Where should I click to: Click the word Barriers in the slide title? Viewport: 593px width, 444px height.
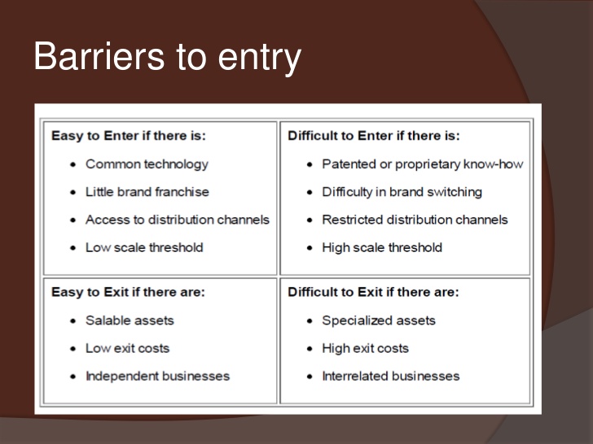point(99,56)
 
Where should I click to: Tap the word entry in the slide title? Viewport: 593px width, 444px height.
point(259,59)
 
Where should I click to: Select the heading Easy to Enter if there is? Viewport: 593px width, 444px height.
point(129,136)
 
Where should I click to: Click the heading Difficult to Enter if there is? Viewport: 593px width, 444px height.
point(374,136)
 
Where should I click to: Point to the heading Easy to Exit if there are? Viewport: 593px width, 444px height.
point(128,292)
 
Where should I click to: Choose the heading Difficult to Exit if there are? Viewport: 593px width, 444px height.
point(373,292)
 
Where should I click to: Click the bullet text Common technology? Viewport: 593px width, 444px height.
point(147,164)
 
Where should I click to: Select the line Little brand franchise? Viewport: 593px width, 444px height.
point(147,192)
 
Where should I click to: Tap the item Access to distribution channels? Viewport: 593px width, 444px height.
point(178,220)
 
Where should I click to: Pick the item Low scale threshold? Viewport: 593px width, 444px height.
point(144,248)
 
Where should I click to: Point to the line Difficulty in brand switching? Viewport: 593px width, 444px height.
point(402,193)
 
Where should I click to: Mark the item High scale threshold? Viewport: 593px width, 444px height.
point(382,248)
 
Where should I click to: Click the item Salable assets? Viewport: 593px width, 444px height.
point(130,320)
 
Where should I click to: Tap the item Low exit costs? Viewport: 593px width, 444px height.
point(127,349)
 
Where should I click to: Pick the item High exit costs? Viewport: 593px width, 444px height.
point(365,349)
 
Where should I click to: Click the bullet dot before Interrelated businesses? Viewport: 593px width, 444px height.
point(310,377)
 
